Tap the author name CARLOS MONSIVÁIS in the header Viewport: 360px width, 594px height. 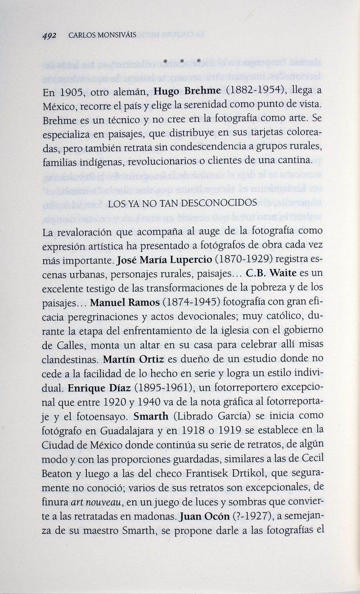[96, 36]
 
